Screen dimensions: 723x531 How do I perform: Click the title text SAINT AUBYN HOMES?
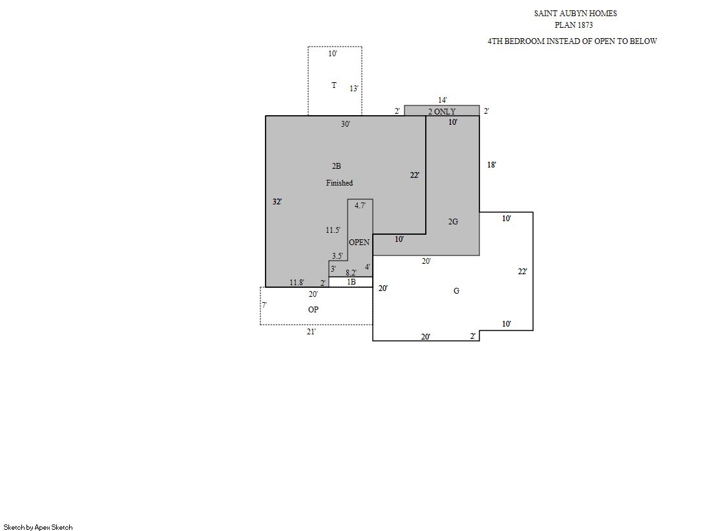tap(576, 14)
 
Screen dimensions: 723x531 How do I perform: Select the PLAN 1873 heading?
tap(574, 25)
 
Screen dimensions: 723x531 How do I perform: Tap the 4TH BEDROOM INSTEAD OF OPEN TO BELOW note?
tap(572, 41)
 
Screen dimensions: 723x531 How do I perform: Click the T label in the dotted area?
tap(334, 85)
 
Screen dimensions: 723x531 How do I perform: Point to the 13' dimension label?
tap(353, 88)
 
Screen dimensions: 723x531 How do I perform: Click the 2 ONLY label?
tap(442, 111)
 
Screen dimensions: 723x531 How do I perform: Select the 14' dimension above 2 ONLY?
tap(442, 100)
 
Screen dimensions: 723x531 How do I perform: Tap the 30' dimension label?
tap(346, 124)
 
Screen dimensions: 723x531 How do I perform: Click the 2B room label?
tap(336, 166)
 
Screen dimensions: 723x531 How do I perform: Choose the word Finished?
tap(339, 183)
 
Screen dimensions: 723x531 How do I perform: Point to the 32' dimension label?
tap(277, 201)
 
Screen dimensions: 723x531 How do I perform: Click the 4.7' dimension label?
tap(360, 206)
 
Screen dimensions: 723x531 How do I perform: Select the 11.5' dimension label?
tap(333, 230)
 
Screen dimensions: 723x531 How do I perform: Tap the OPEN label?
tap(359, 243)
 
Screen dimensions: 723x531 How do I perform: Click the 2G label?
tap(454, 222)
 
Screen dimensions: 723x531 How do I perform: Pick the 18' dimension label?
tap(492, 164)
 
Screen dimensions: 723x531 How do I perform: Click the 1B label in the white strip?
tap(351, 281)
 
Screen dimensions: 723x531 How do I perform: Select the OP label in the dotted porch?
tap(313, 309)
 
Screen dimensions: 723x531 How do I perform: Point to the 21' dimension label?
tap(311, 332)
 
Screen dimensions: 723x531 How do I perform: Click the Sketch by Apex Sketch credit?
tap(38, 527)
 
